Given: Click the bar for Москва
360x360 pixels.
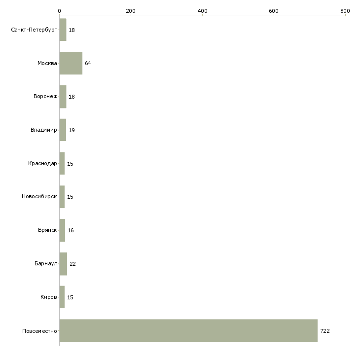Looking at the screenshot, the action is (71, 63).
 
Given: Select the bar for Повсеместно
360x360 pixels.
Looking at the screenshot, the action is (188, 330).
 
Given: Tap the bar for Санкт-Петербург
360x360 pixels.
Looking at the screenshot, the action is (63, 30).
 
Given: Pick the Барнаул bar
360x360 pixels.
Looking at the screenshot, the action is (63, 264).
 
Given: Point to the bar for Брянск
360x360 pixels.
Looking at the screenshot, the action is (62, 230).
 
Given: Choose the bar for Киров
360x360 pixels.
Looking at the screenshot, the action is (62, 297).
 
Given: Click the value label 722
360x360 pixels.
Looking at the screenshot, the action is (325, 331).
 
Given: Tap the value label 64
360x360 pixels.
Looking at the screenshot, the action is (88, 63).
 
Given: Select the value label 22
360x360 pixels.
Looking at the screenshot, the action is (72, 264).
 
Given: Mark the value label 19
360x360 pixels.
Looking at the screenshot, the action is (72, 130).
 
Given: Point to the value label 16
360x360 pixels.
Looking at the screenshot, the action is (71, 230).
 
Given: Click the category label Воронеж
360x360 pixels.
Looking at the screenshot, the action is (45, 97).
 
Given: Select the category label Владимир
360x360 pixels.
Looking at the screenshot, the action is (43, 130).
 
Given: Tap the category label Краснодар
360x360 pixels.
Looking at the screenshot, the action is (42, 163).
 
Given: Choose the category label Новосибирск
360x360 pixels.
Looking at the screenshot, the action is (39, 197).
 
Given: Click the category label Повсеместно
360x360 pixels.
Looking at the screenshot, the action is (39, 331).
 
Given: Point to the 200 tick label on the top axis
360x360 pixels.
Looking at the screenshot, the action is (131, 11).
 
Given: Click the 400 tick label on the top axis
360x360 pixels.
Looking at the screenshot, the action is (202, 11).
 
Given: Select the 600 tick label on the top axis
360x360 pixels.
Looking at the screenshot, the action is (274, 11).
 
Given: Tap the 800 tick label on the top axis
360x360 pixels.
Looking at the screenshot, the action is (345, 11).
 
